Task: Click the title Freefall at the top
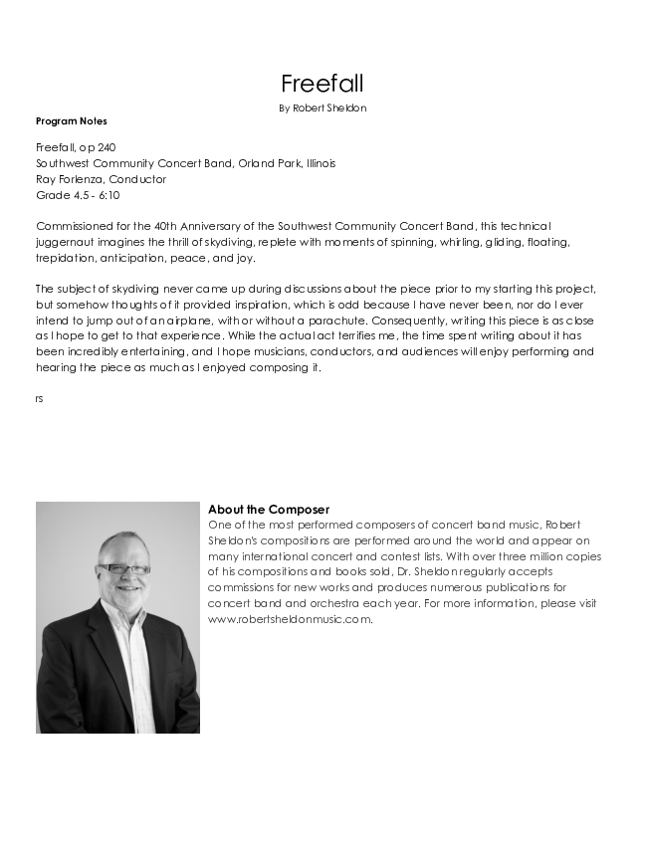(322, 84)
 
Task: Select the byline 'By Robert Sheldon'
(322, 107)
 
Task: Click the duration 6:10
(107, 195)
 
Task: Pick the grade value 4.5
(76, 195)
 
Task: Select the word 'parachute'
(336, 322)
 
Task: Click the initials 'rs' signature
(39, 398)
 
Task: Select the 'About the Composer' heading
(269, 510)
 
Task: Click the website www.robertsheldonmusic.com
(290, 619)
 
